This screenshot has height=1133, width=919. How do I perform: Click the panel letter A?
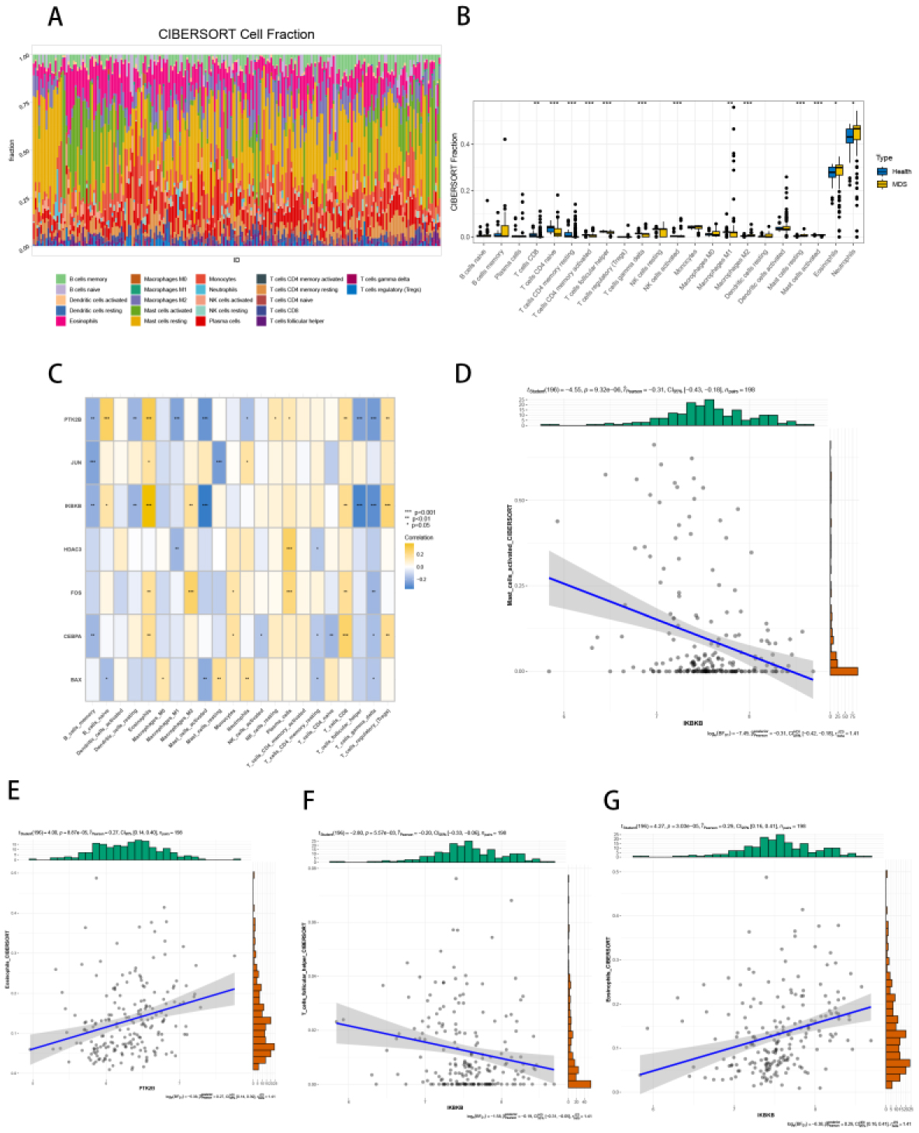[54, 16]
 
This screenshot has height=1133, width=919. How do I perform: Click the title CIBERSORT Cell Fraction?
[237, 34]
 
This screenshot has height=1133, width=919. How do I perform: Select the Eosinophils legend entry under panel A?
[83, 321]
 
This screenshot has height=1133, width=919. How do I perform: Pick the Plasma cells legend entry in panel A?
[224, 321]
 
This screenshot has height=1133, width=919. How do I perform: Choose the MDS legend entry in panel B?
[899, 185]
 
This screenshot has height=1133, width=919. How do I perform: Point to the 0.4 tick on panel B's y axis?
[465, 144]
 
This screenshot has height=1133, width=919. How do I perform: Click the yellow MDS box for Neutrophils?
[856, 132]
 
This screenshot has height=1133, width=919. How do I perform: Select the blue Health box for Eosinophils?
[832, 172]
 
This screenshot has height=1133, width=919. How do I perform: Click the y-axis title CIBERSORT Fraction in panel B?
[454, 172]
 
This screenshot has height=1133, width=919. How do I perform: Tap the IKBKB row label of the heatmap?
[74, 506]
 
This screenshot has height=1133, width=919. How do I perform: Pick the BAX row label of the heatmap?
[76, 680]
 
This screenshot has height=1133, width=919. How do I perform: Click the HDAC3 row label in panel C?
[73, 549]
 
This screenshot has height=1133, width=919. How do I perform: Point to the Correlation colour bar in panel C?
[409, 566]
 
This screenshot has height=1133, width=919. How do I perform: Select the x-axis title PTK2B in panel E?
[147, 1088]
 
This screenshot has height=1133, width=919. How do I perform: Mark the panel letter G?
[611, 800]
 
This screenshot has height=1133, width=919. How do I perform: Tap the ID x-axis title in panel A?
[236, 260]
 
